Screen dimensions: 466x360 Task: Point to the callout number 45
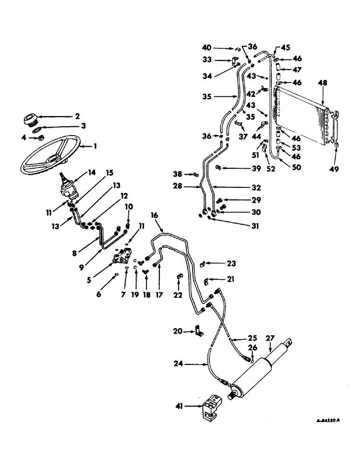click(x=285, y=46)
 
